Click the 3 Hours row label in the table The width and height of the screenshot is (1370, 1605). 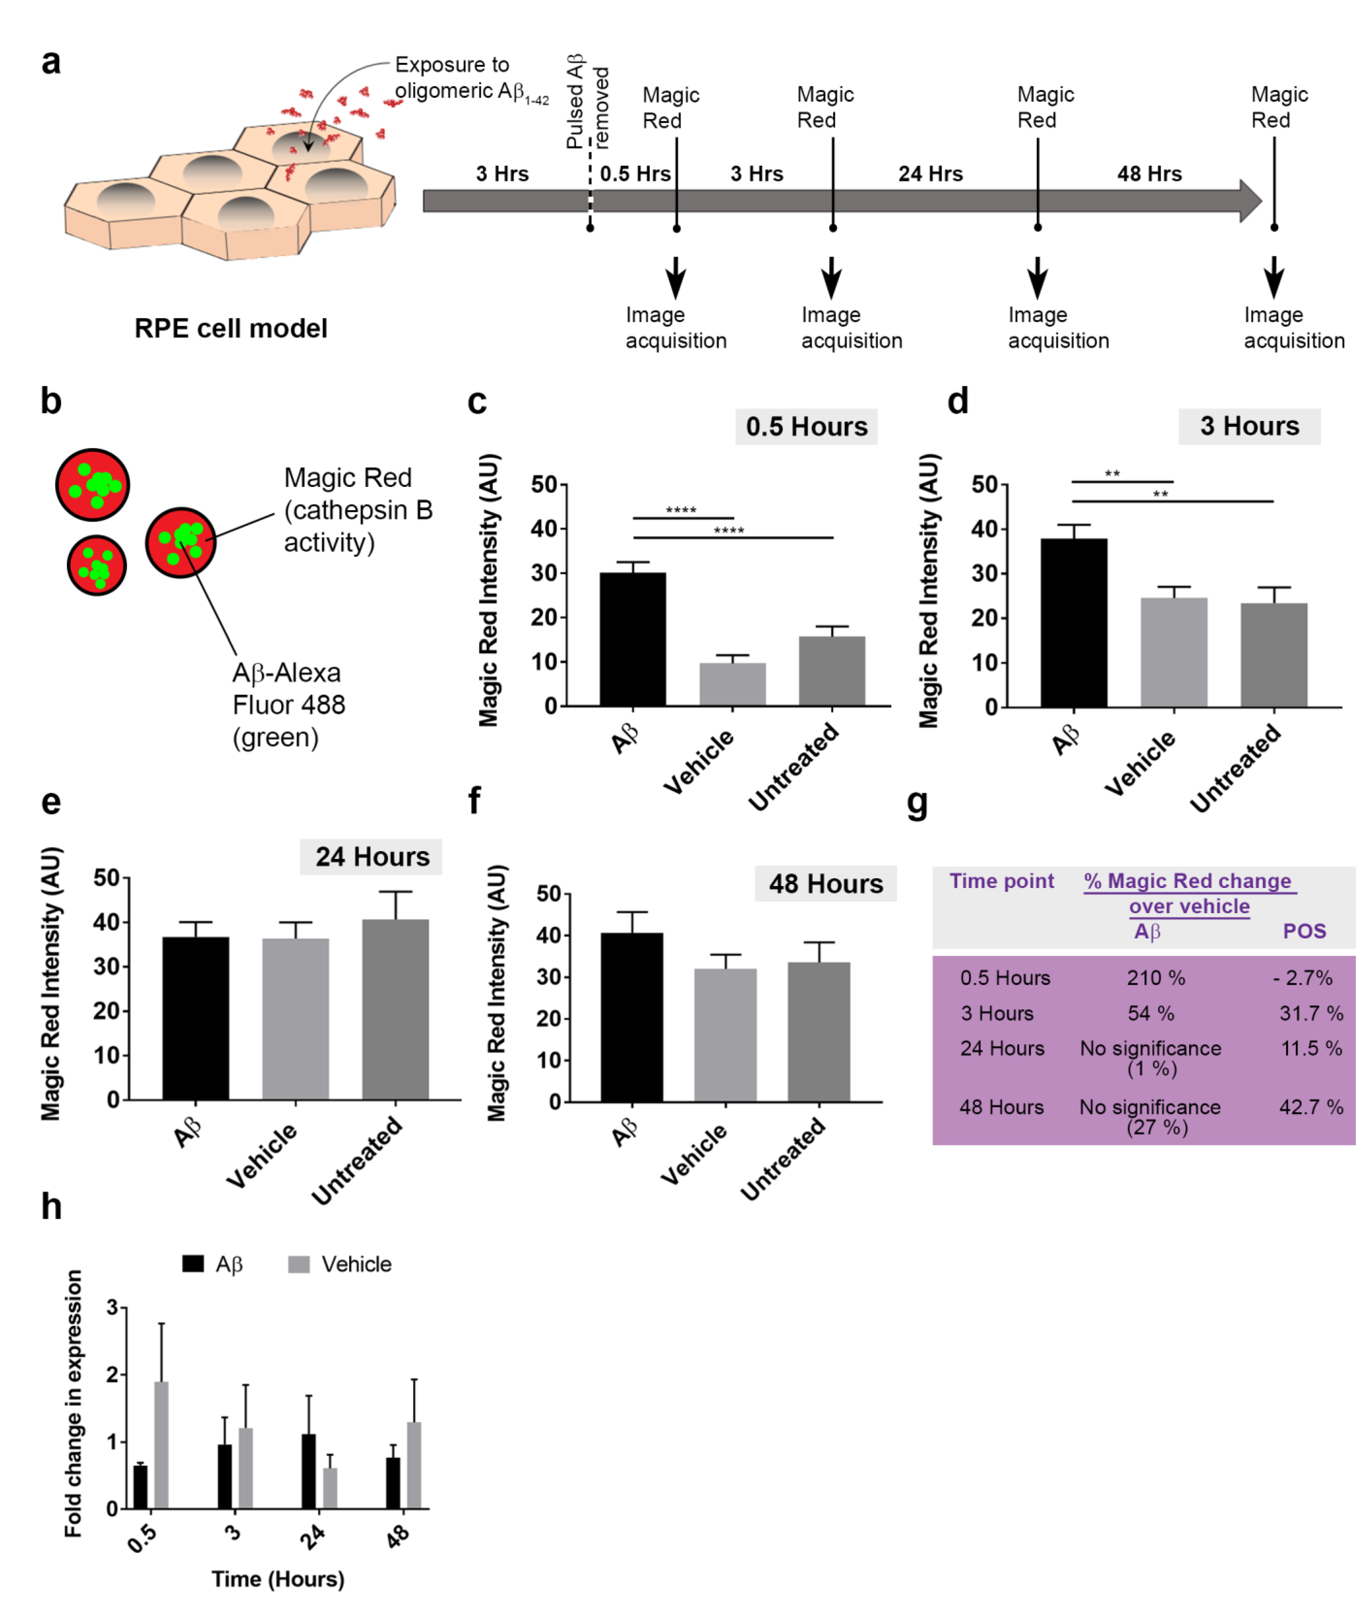point(997,1013)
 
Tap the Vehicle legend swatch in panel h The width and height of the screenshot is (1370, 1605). point(298,1264)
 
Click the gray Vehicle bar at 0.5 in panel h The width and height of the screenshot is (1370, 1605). point(161,1445)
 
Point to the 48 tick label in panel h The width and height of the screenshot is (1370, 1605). point(397,1536)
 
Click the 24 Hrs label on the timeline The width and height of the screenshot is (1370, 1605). point(930,174)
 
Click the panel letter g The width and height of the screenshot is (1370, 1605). point(917,803)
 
